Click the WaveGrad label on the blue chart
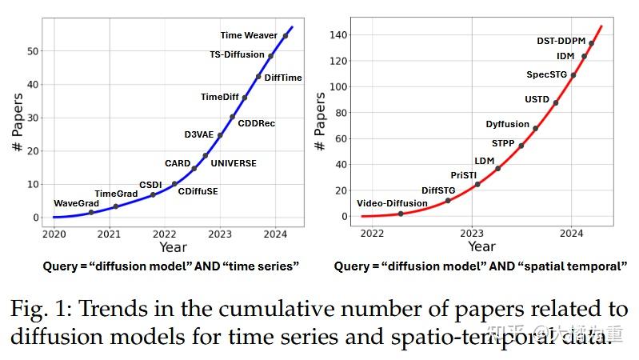click(x=76, y=203)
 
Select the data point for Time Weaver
click(x=286, y=36)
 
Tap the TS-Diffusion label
click(x=237, y=55)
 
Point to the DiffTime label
click(x=283, y=78)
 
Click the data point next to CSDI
click(x=153, y=194)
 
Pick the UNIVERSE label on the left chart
click(x=234, y=163)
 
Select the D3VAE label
click(x=199, y=134)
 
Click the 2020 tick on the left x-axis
click(x=54, y=234)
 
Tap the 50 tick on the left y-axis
click(x=34, y=50)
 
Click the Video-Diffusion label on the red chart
click(x=392, y=203)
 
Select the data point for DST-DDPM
click(x=591, y=44)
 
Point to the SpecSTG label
click(x=546, y=74)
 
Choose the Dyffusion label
click(x=508, y=124)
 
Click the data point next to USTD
click(x=556, y=102)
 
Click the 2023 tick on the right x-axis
click(x=471, y=233)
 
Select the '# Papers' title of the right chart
click(x=320, y=122)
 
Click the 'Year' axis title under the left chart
click(x=173, y=247)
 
